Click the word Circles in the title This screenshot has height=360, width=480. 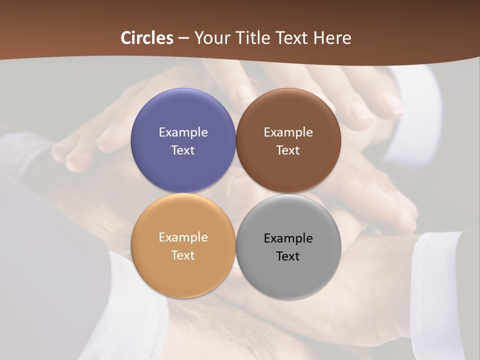tap(147, 38)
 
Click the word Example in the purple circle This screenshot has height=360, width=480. tap(183, 132)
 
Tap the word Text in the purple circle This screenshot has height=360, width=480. tap(183, 150)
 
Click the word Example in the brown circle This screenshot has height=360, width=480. tap(288, 132)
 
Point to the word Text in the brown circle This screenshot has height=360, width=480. tap(288, 150)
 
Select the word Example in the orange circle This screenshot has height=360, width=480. tap(183, 237)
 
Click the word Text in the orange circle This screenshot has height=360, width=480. tap(183, 255)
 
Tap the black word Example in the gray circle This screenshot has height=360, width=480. tap(288, 238)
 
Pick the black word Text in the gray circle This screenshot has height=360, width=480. tap(288, 256)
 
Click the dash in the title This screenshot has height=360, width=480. tap(183, 38)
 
